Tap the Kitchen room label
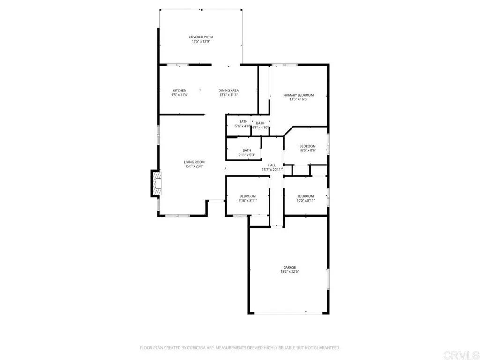pyautogui.click(x=180, y=90)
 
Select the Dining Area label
pyautogui.click(x=229, y=90)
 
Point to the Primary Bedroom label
pyautogui.click(x=298, y=95)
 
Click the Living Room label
pyautogui.click(x=194, y=162)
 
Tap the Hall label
pyautogui.click(x=272, y=165)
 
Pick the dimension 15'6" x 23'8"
pyautogui.click(x=194, y=166)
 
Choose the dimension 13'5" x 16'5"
pyautogui.click(x=298, y=99)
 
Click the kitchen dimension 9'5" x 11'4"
pyautogui.click(x=180, y=95)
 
